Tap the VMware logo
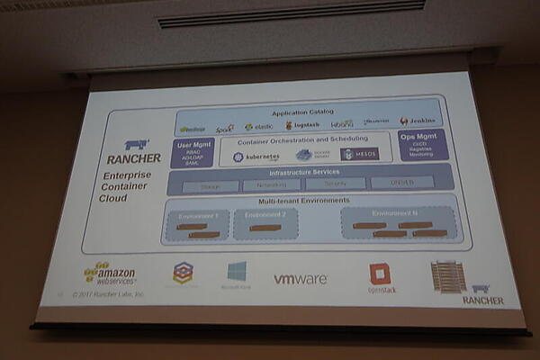tap(301, 279)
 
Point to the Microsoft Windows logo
tap(237, 274)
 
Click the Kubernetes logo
tap(257, 157)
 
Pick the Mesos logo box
tap(360, 155)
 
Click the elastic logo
tap(260, 126)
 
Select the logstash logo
tap(301, 125)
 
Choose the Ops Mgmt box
tap(422, 145)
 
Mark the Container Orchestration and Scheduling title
tap(302, 139)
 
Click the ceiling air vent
tap(291, 13)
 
